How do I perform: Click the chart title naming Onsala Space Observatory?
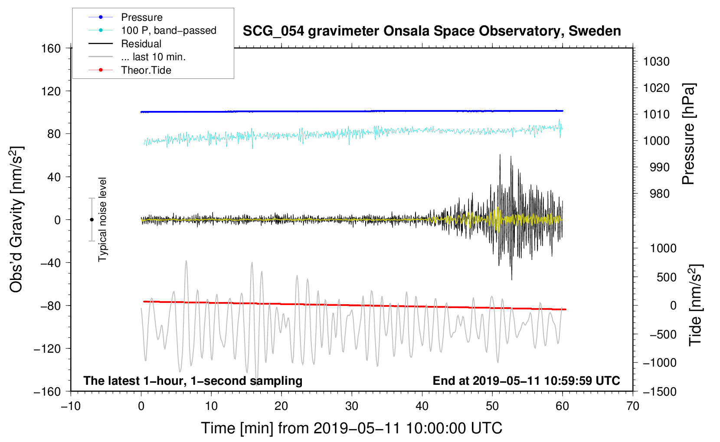[432, 31]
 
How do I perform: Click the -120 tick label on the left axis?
[47, 348]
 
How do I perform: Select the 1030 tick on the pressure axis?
[656, 62]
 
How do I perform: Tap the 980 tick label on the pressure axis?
[660, 194]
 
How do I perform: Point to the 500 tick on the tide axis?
[666, 277]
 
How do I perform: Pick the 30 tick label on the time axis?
[352, 406]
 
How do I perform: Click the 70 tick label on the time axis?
[633, 406]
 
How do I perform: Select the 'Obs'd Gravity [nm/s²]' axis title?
[16, 219]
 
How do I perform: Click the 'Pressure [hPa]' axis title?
[688, 134]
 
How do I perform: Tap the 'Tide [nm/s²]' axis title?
[696, 305]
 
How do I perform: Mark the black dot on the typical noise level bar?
[92, 220]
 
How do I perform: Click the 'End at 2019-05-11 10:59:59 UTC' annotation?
[526, 380]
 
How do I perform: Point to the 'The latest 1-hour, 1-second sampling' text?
[193, 380]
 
